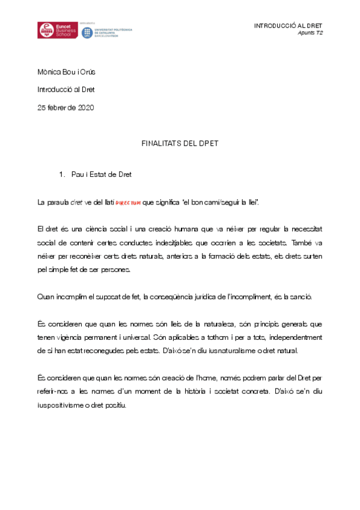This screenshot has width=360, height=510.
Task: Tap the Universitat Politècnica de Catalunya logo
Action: (106, 31)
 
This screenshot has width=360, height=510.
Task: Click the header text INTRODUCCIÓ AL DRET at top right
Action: (288, 26)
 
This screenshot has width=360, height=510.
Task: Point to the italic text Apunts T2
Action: (311, 33)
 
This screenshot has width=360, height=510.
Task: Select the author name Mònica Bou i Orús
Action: (66, 72)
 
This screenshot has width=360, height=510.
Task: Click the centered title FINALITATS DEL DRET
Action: (180, 144)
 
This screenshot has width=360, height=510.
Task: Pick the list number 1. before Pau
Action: (61, 174)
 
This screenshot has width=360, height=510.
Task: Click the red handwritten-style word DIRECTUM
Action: (127, 203)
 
